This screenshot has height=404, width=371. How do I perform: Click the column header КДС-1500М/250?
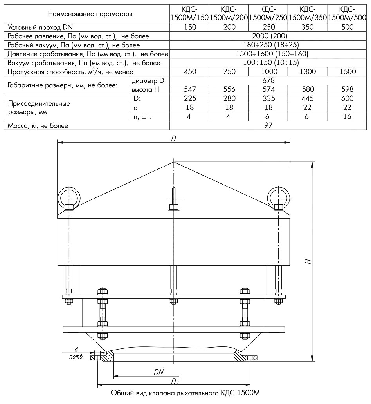tap(268, 13)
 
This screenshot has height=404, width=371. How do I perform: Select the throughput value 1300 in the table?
tap(308, 72)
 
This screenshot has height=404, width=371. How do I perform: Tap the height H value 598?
tap(347, 89)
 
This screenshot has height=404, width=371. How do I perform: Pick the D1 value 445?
tap(308, 99)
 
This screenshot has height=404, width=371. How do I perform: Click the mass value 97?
tap(268, 125)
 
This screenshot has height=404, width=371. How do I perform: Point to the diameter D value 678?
tap(268, 81)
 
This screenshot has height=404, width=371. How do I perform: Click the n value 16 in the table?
tap(347, 117)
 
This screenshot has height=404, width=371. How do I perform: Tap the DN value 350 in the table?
tap(308, 27)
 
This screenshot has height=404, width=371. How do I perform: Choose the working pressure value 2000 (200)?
tap(268, 36)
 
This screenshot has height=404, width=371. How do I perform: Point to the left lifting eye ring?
tap(68, 196)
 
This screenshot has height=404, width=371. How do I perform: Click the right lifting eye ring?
tap(279, 196)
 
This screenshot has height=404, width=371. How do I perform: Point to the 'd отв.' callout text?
tap(76, 352)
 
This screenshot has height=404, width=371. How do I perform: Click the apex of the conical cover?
tap(174, 162)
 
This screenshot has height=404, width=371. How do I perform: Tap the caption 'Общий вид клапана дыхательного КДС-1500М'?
tap(186, 393)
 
